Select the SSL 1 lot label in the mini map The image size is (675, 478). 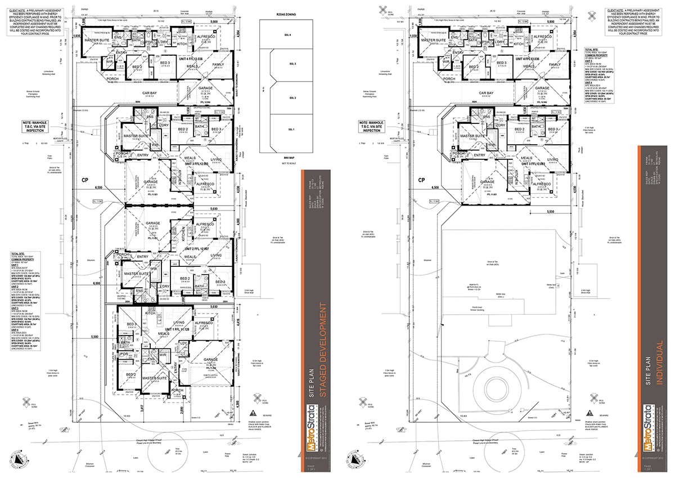[291, 130]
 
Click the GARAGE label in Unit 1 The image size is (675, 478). [210, 359]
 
